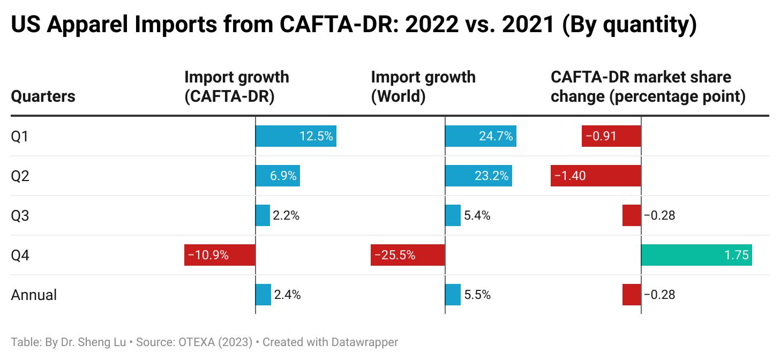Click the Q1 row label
pos(20,137)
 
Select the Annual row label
pos(34,295)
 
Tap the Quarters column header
pos(43,96)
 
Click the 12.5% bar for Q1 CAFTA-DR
pos(296,137)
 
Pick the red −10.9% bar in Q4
pos(220,255)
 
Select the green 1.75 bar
pos(696,255)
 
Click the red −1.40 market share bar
pos(596,176)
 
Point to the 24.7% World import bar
pos(481,137)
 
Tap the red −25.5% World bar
pos(408,255)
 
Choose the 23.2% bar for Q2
pos(478,176)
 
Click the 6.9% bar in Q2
pos(277,176)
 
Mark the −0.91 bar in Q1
pos(611,137)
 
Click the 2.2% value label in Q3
pos(286,216)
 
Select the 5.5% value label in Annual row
pos(477,295)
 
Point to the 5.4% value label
pos(477,216)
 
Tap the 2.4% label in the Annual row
pos(287,295)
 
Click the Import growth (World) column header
pos(423,86)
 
